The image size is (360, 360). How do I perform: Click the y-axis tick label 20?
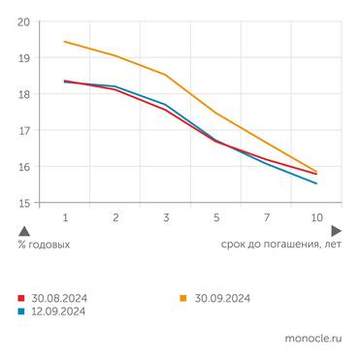(x=23, y=21)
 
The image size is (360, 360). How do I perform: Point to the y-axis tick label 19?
(x=23, y=58)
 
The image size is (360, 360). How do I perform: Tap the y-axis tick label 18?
(x=23, y=94)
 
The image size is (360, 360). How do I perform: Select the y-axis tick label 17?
(x=23, y=131)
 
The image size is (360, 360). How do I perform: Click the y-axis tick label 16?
(x=23, y=167)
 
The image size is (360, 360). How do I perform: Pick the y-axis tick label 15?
(x=23, y=203)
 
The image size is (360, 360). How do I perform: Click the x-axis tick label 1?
(x=65, y=219)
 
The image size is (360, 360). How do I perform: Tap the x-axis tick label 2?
(x=115, y=219)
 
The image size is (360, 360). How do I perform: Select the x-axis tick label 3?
(x=166, y=219)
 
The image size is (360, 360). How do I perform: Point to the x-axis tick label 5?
(x=216, y=219)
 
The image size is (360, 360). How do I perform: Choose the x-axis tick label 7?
(x=266, y=219)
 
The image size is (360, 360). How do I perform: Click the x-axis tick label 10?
(x=316, y=219)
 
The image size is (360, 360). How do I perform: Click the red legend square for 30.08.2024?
(x=21, y=298)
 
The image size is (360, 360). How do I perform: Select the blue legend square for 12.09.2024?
(x=21, y=311)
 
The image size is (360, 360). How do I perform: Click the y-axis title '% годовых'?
(x=44, y=245)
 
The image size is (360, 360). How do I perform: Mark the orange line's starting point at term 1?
(x=65, y=41)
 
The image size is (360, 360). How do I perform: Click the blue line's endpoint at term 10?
(x=316, y=183)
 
